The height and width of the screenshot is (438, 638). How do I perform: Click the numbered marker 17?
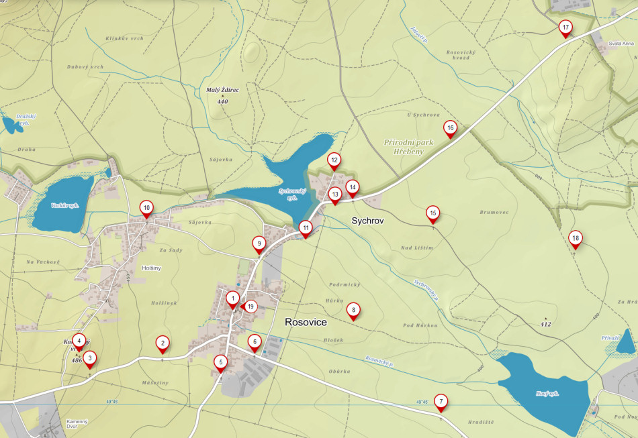565,28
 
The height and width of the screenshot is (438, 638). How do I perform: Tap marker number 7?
441,402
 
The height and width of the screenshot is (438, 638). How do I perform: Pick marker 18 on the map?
575,238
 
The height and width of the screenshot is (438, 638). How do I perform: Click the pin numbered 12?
334,160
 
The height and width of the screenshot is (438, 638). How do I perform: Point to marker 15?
432,214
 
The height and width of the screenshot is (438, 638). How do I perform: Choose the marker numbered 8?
353,310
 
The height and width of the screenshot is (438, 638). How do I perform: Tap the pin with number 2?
162,344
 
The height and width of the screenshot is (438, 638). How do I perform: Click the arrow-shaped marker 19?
249,307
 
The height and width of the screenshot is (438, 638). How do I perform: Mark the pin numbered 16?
451,128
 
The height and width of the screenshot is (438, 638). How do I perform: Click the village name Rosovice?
306,323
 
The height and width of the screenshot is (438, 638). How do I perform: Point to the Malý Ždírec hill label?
222,90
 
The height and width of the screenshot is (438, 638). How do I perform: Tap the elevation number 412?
545,325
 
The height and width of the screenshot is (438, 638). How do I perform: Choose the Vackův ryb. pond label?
65,205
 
